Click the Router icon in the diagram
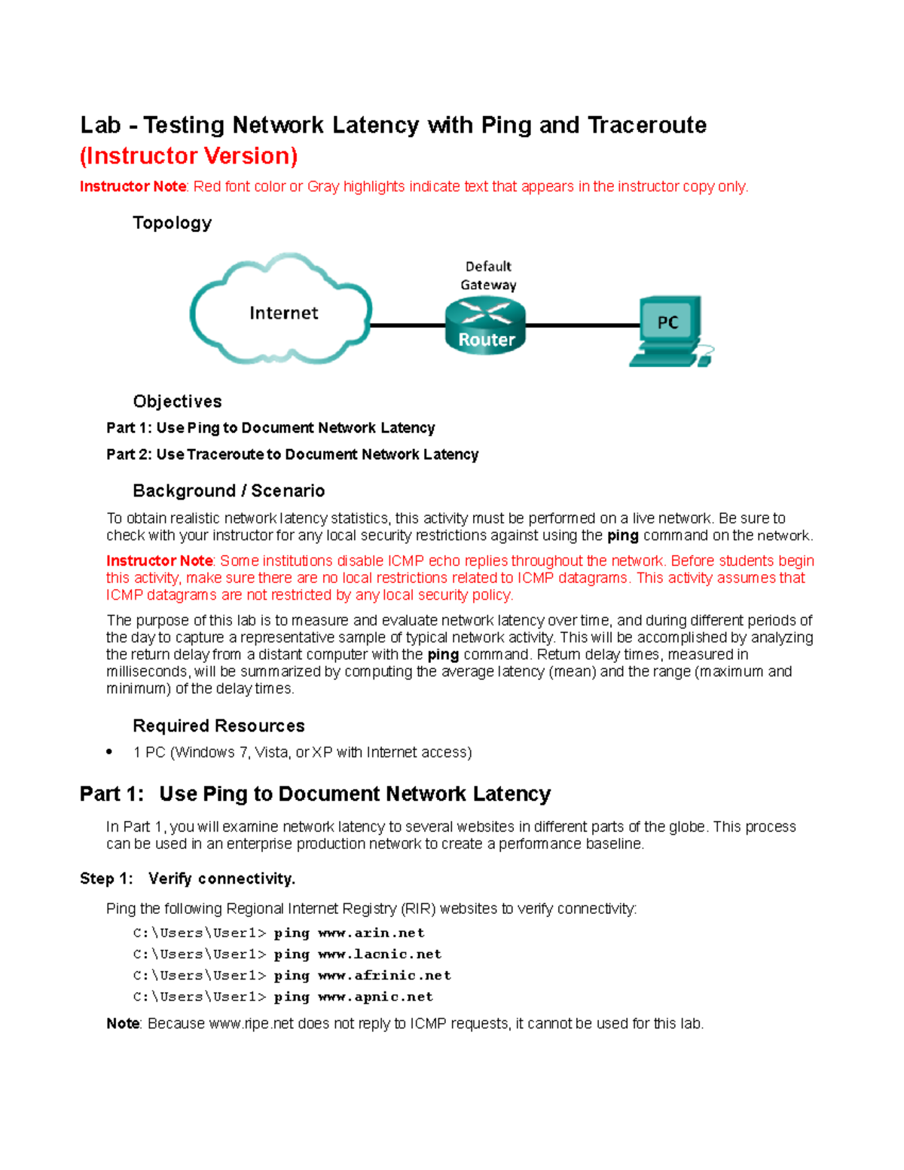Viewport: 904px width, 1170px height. tap(485, 325)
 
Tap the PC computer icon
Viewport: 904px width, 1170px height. tap(669, 331)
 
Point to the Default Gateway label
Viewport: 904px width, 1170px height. tap(488, 276)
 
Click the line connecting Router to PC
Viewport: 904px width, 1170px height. tap(582, 325)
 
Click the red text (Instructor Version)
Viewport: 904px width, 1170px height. tap(188, 156)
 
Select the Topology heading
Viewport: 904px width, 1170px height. tap(172, 223)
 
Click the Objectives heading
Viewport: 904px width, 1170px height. tap(177, 402)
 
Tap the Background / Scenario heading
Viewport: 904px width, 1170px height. tap(228, 491)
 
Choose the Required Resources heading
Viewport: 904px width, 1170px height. tap(218, 726)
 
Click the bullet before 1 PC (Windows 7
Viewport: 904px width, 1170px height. tap(110, 752)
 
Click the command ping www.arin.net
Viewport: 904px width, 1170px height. tap(349, 933)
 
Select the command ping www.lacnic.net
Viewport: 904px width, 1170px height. tap(357, 955)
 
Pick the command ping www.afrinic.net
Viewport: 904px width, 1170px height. tap(362, 976)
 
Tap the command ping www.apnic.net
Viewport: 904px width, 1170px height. tap(353, 997)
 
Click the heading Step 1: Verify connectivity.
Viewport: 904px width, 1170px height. tap(188, 879)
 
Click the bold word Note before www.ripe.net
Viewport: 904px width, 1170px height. tap(123, 1024)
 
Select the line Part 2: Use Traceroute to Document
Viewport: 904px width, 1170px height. tap(292, 454)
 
